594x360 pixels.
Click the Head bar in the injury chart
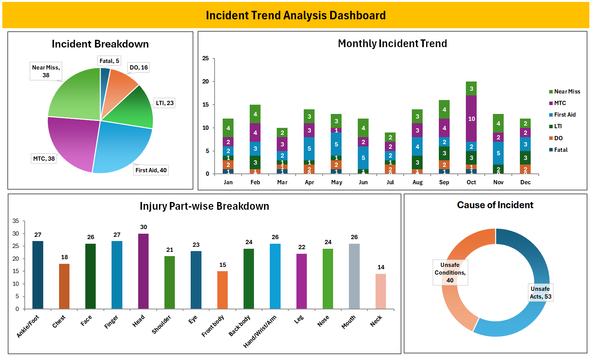click(143, 271)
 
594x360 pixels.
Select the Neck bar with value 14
click(381, 291)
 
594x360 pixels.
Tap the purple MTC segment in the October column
click(471, 119)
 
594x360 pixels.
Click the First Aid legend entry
click(564, 115)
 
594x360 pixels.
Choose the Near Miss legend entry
click(567, 92)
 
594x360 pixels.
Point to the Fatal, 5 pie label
click(109, 61)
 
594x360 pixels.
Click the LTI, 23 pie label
click(165, 103)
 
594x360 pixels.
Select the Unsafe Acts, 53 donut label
click(540, 293)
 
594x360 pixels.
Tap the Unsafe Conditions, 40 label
click(450, 272)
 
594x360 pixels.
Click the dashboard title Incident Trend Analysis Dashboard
click(296, 15)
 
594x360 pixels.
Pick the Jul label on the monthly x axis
click(390, 182)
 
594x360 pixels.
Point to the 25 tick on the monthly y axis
click(205, 58)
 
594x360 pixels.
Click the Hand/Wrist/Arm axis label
click(260, 331)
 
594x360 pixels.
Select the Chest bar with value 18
click(64, 286)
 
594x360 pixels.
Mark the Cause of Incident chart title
click(495, 205)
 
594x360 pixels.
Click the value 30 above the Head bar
click(144, 227)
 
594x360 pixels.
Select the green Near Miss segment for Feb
click(255, 114)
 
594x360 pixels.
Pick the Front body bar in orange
click(222, 290)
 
